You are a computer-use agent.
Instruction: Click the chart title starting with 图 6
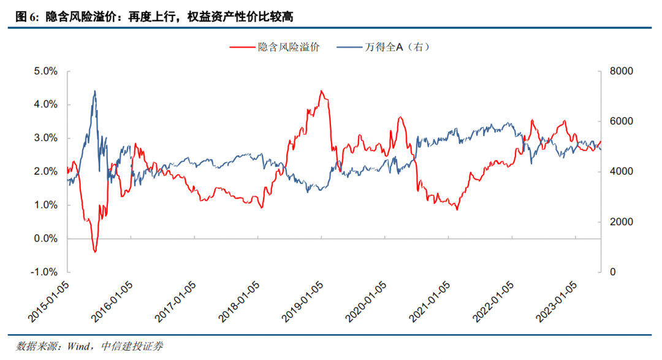pyautogui.click(x=153, y=17)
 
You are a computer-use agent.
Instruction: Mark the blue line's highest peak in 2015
pyautogui.click(x=94, y=91)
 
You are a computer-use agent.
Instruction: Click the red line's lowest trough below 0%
pyautogui.click(x=94, y=251)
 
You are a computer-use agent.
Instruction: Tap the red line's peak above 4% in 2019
pyautogui.click(x=321, y=91)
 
